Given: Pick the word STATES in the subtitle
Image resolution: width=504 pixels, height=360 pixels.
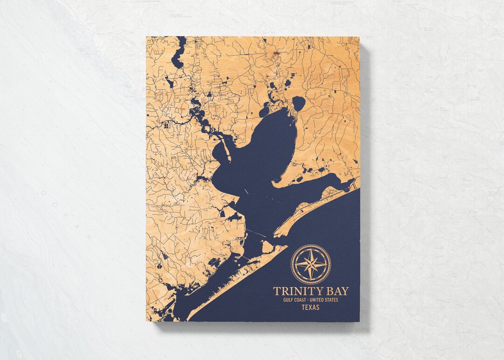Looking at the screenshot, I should pyautogui.click(x=332, y=300).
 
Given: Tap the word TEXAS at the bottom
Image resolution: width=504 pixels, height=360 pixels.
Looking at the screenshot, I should pyautogui.click(x=310, y=308).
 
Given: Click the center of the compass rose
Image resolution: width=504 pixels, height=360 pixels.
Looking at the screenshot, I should pyautogui.click(x=311, y=264).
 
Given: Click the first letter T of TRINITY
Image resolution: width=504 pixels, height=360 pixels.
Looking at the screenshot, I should pyautogui.click(x=276, y=291).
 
